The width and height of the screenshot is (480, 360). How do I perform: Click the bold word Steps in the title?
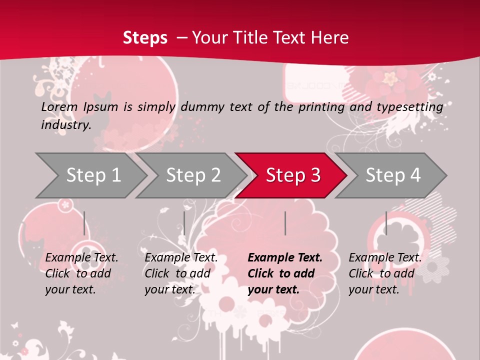145,37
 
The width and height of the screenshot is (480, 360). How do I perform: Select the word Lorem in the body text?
59,106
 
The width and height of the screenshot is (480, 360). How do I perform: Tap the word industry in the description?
65,124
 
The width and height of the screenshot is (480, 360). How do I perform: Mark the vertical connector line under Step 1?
84,223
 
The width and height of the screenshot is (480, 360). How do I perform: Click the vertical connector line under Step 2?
184,223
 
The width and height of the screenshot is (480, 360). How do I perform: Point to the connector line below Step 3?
285,223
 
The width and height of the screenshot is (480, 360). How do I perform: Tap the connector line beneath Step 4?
386,223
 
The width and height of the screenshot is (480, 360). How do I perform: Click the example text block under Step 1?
81,273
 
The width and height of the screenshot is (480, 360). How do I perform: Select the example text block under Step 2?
181,273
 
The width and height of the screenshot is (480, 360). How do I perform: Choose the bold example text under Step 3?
285,273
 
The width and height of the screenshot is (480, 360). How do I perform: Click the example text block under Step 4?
385,273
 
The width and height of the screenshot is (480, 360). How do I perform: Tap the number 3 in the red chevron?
315,175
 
